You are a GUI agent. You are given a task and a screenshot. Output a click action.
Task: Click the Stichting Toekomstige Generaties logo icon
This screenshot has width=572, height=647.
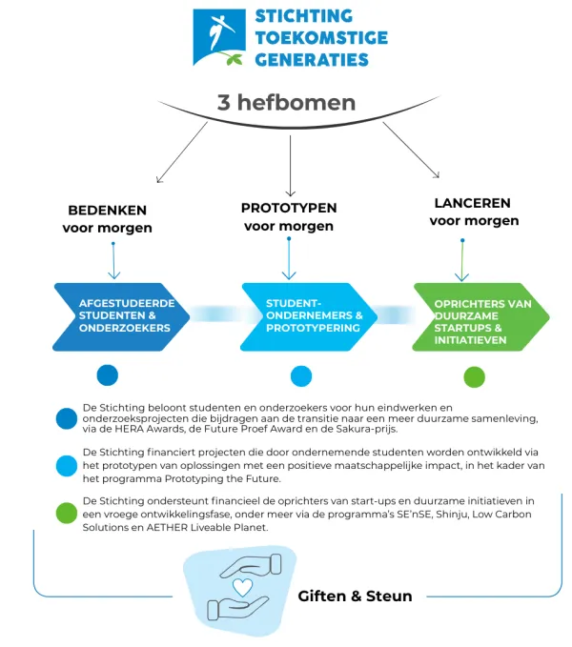click(220, 37)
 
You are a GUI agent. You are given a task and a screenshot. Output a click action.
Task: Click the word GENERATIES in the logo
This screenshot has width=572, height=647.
click(312, 60)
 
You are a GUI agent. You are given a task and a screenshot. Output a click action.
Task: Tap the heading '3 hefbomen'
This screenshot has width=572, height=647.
click(287, 102)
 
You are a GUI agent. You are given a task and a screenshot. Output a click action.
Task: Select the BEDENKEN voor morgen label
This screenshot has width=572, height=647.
click(107, 218)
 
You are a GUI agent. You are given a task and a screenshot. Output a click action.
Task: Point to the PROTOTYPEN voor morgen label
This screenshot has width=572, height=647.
click(289, 216)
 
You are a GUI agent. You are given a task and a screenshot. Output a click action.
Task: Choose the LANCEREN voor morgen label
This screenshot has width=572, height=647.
click(473, 212)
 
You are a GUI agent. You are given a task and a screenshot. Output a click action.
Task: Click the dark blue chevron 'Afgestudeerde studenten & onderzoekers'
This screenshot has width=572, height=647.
click(120, 316)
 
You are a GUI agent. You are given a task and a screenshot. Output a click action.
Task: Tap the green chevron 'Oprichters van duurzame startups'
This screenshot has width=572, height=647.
click(480, 317)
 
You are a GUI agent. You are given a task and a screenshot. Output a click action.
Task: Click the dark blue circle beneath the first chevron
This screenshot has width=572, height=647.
click(108, 374)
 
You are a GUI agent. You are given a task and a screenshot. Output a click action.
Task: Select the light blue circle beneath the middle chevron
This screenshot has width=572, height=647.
click(301, 374)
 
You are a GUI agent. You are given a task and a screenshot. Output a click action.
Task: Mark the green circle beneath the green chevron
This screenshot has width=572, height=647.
click(474, 376)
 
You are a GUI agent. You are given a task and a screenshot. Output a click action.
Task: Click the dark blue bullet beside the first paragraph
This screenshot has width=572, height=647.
click(67, 418)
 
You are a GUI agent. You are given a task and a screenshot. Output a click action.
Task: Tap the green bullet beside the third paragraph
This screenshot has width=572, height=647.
click(67, 514)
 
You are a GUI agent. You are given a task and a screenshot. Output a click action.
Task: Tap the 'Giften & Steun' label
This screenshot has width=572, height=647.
click(355, 596)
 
